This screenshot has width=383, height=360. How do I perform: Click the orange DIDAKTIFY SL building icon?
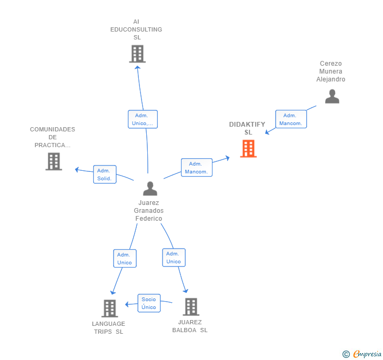pyautogui.click(x=248, y=149)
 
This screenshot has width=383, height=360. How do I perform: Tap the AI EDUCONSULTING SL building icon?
pyautogui.click(x=137, y=54)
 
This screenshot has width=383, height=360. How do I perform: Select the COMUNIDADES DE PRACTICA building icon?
pyautogui.click(x=54, y=161)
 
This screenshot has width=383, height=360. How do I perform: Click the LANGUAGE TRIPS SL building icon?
pyautogui.click(x=109, y=308)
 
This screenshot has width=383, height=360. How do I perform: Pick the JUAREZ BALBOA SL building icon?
pyautogui.click(x=190, y=307)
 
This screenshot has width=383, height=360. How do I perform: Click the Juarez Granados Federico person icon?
pyautogui.click(x=150, y=189)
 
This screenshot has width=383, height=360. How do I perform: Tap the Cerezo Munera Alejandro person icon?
pyautogui.click(x=332, y=96)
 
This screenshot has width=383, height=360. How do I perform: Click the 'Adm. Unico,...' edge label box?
pyautogui.click(x=143, y=119)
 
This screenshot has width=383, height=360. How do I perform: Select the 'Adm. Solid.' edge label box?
pyautogui.click(x=105, y=174)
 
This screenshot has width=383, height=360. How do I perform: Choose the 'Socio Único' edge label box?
pyautogui.click(x=149, y=303)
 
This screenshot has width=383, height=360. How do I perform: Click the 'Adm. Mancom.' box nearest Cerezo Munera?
pyautogui.click(x=291, y=119)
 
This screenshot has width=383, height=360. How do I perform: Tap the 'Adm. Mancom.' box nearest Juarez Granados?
pyautogui.click(x=197, y=168)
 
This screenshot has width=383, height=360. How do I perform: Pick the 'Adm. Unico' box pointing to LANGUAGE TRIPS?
pyautogui.click(x=125, y=259)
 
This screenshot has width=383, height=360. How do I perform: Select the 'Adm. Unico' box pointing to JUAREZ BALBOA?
pyautogui.click(x=174, y=258)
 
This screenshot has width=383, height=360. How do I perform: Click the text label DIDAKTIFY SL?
pyautogui.click(x=247, y=128)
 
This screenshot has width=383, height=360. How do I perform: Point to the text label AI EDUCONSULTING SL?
pyautogui.click(x=136, y=29)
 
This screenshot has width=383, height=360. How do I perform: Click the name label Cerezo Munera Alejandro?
pyautogui.click(x=330, y=71)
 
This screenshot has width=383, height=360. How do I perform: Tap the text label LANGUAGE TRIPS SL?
pyautogui.click(x=108, y=327)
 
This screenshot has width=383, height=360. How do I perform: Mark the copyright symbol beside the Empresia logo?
pyautogui.click(x=346, y=354)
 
